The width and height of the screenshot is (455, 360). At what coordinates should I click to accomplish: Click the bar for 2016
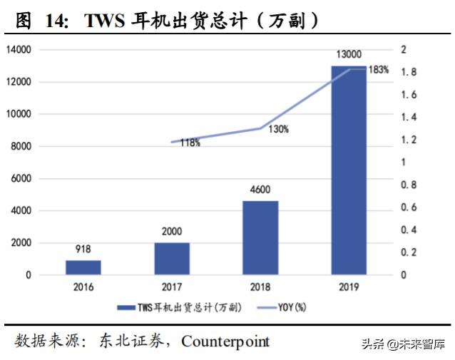tap(83, 267)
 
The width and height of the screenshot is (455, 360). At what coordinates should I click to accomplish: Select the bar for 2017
tap(172, 258)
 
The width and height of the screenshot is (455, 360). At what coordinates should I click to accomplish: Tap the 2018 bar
tap(260, 237)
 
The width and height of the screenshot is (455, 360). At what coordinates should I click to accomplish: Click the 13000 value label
tap(349, 54)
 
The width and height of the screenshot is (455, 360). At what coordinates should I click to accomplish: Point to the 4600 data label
tap(260, 190)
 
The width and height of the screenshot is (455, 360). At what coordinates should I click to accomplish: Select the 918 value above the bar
tap(83, 250)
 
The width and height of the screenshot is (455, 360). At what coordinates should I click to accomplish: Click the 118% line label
tap(189, 143)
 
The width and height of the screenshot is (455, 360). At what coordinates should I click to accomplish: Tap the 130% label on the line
tap(278, 129)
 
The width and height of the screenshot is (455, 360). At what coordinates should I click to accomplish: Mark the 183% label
tap(379, 70)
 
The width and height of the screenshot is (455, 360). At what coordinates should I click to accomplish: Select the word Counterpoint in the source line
tap(225, 341)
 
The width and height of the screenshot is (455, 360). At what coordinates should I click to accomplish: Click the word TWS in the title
tap(106, 21)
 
